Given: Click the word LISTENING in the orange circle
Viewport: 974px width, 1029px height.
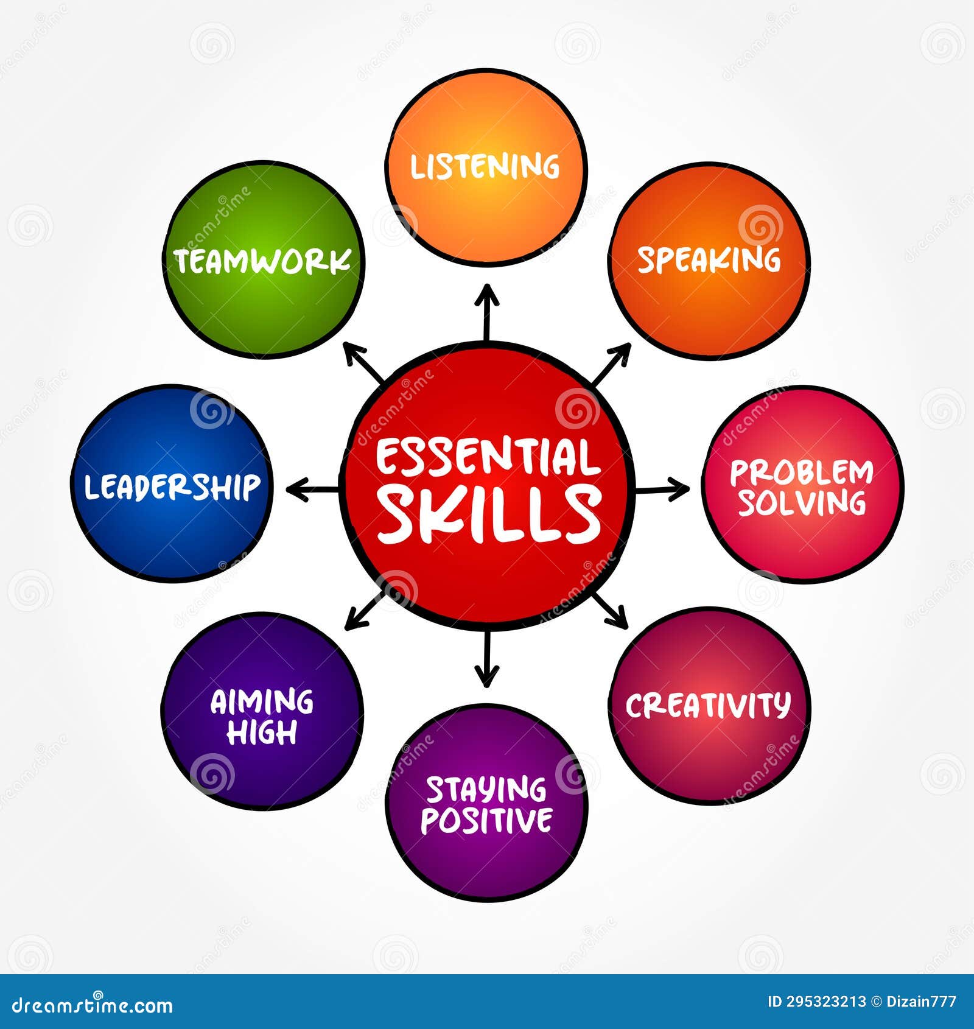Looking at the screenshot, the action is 485,166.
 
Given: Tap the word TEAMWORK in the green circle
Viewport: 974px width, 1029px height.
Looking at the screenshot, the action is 263,261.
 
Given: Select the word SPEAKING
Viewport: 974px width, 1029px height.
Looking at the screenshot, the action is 709,260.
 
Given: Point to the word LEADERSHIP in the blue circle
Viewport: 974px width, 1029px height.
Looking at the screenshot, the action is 172,486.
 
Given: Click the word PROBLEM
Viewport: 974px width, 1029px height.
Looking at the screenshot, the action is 801,472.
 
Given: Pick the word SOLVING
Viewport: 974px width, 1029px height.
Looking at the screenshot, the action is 801,503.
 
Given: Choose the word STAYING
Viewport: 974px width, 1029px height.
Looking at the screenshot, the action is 486,790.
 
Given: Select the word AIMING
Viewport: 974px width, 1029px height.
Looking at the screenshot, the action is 262,702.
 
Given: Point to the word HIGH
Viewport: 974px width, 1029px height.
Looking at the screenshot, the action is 262,732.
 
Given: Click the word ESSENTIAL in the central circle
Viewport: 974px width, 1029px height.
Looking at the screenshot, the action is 487,458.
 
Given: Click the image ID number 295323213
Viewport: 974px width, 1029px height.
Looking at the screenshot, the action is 825,1002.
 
